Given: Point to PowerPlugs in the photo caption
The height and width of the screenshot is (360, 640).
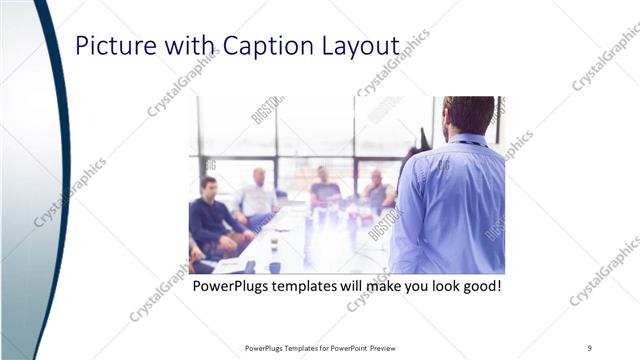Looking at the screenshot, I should pos(231,287).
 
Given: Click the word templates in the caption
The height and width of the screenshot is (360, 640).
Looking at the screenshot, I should pos(311,287).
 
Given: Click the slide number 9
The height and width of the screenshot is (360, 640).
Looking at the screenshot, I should pos(590,348).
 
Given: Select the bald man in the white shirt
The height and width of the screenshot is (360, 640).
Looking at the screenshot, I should pos(258,196).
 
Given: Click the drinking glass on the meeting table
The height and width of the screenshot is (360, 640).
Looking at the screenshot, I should pos(274,243).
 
